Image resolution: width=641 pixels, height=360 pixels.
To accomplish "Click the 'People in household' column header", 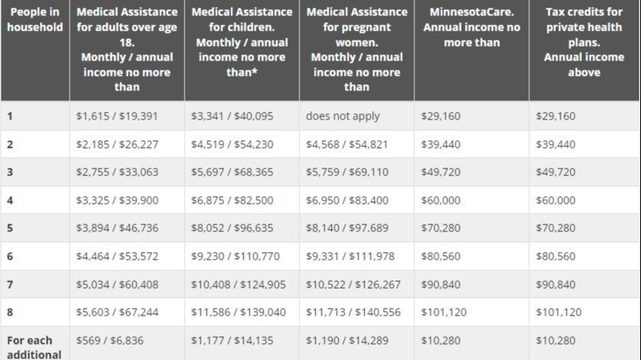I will point(34,20).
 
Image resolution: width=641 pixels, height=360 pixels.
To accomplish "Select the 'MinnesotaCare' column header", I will point(471,27).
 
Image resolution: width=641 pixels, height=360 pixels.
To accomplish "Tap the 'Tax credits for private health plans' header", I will point(584,42).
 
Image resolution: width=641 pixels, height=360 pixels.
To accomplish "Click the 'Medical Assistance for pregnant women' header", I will point(356,50).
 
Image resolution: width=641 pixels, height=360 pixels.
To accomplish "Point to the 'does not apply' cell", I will point(342,116).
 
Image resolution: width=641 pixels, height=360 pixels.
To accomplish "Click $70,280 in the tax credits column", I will point(555,228).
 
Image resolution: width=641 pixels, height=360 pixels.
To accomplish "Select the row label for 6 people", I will point(11,257).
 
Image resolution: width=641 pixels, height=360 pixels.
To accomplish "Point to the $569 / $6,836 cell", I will point(110,340).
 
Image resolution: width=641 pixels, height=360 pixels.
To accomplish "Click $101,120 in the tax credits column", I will point(558,313).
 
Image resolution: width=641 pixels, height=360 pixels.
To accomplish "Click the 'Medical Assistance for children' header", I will point(241,42).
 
